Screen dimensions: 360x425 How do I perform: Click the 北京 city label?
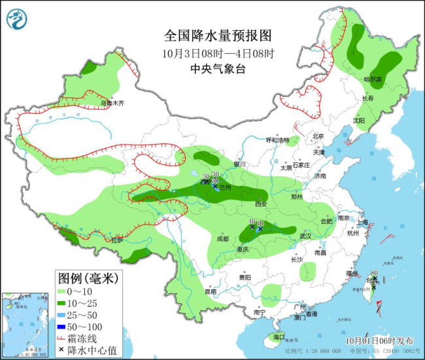click(318, 136)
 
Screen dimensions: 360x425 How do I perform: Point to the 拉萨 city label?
click(116, 240)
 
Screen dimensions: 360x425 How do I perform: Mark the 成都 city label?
click(223, 239)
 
